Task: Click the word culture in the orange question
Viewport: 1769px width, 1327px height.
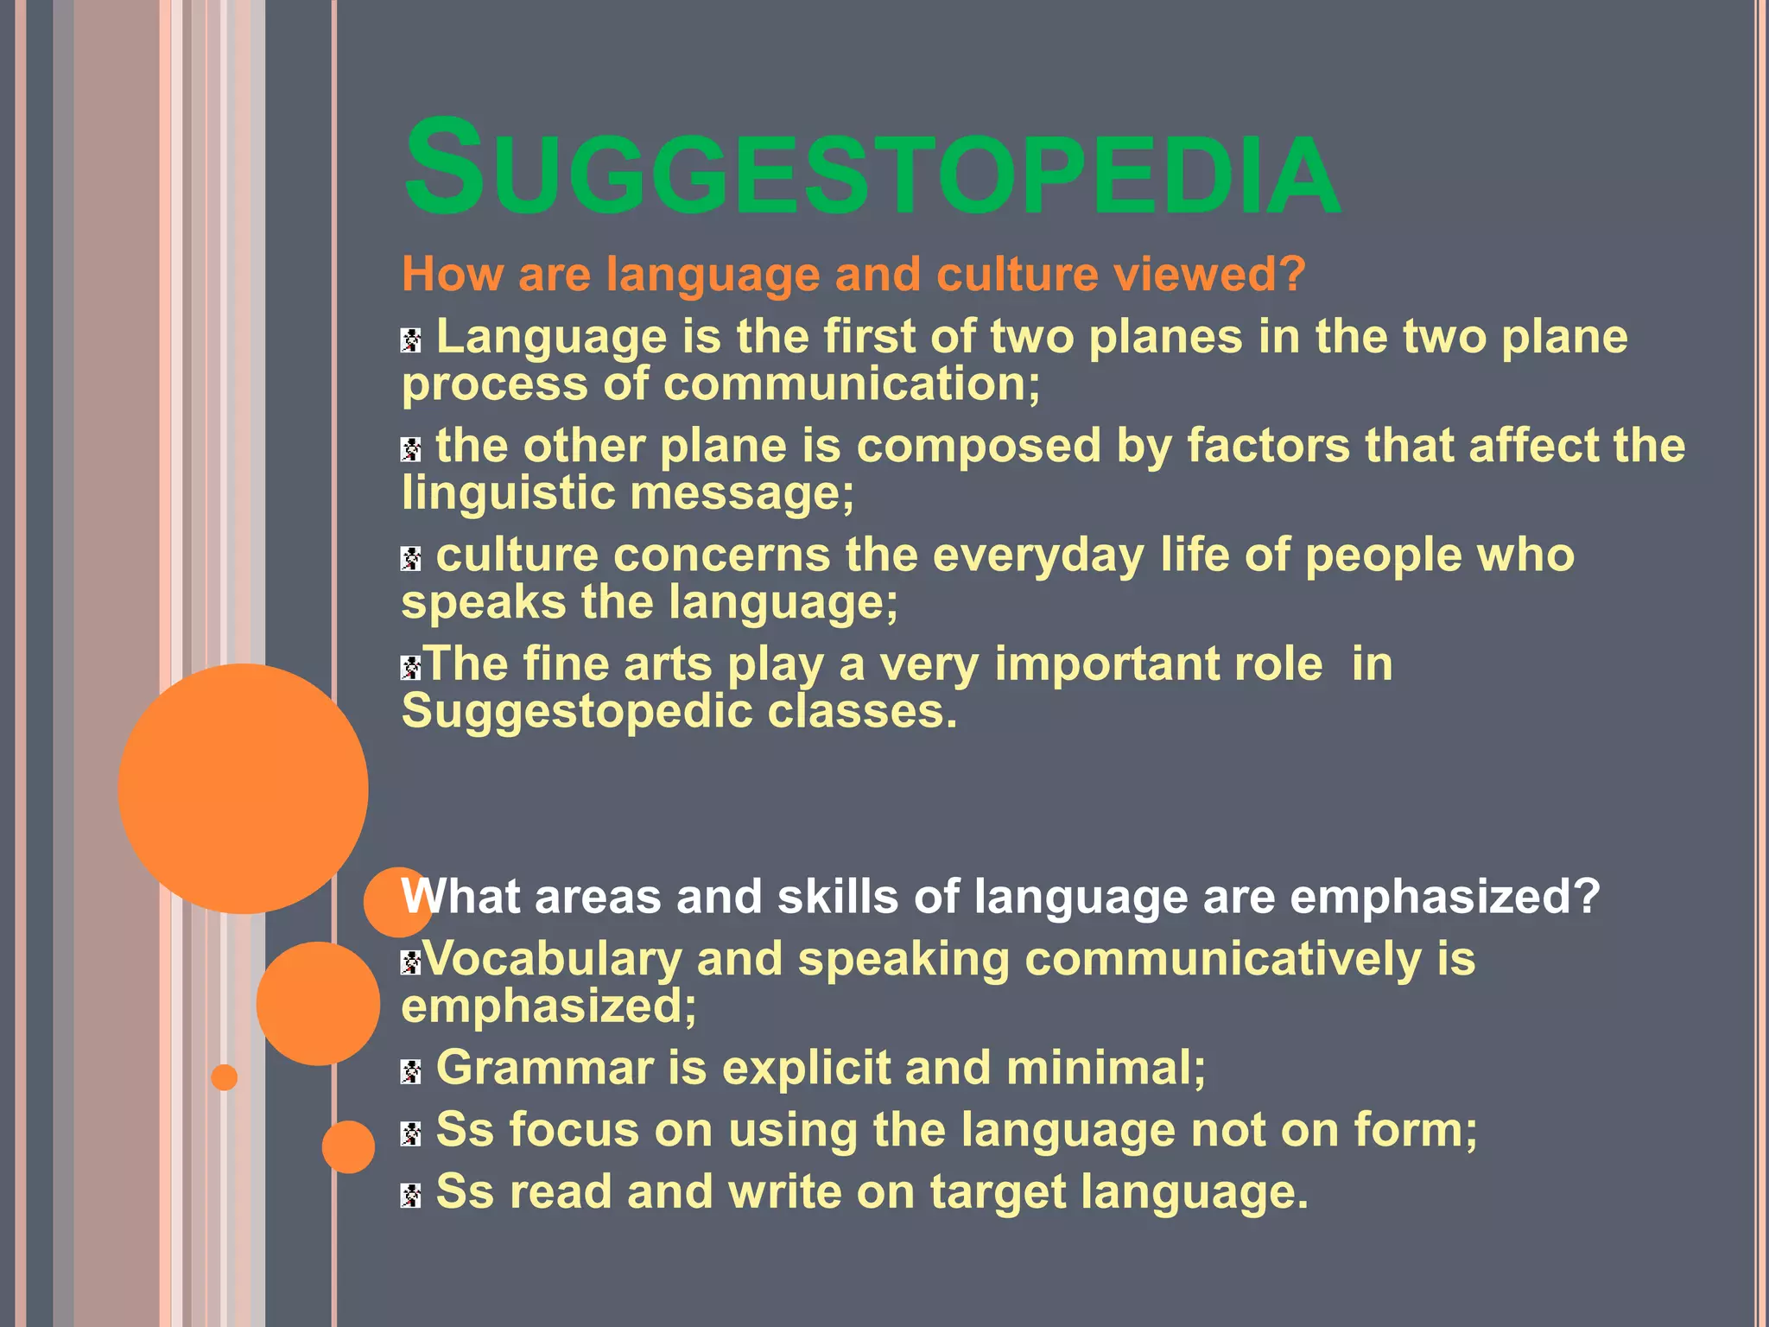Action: (1015, 275)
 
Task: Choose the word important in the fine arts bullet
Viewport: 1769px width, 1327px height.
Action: (1158, 664)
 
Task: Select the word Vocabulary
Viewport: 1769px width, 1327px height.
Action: (553, 959)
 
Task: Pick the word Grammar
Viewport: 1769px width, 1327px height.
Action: (544, 1068)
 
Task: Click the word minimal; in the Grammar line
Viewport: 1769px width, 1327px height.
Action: (1106, 1068)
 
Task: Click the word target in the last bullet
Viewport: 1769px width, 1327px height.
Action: (998, 1192)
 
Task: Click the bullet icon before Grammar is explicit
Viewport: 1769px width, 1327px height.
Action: (411, 1072)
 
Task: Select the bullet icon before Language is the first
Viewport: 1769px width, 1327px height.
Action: (411, 340)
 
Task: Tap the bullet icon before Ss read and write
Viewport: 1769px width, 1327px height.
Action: (411, 1196)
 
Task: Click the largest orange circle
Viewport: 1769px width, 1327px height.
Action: (244, 788)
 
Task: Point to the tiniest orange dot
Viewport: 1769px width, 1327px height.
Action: (225, 1077)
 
